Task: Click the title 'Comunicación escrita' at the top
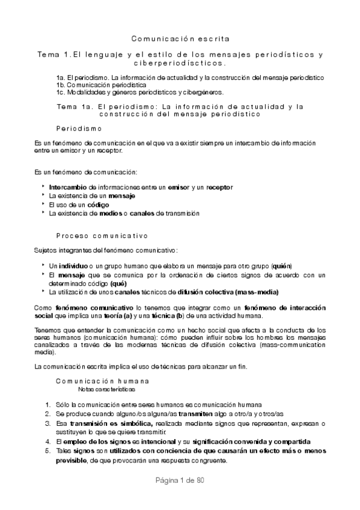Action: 180,39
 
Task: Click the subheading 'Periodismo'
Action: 79,129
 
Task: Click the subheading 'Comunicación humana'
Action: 102,381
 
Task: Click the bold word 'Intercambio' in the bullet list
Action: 67,188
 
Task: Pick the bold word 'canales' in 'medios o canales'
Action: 138,213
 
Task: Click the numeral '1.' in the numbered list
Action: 48,406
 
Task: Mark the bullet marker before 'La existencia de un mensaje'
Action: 43,195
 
